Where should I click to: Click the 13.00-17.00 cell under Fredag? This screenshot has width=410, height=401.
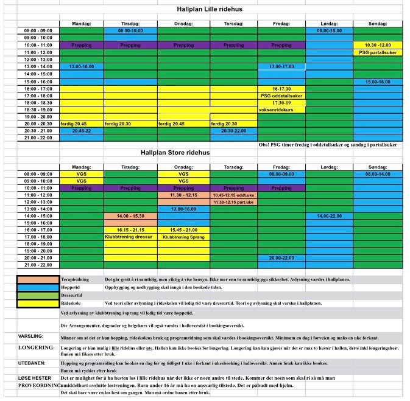coord(281,66)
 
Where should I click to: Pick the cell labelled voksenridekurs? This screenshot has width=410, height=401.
coord(281,110)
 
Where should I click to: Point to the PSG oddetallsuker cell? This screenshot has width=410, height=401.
coord(281,96)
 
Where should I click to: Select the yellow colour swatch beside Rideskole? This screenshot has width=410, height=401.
coord(38,302)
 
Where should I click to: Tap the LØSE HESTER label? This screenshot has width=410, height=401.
coord(34,378)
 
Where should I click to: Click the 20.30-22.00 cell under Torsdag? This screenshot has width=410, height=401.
coord(233,130)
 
